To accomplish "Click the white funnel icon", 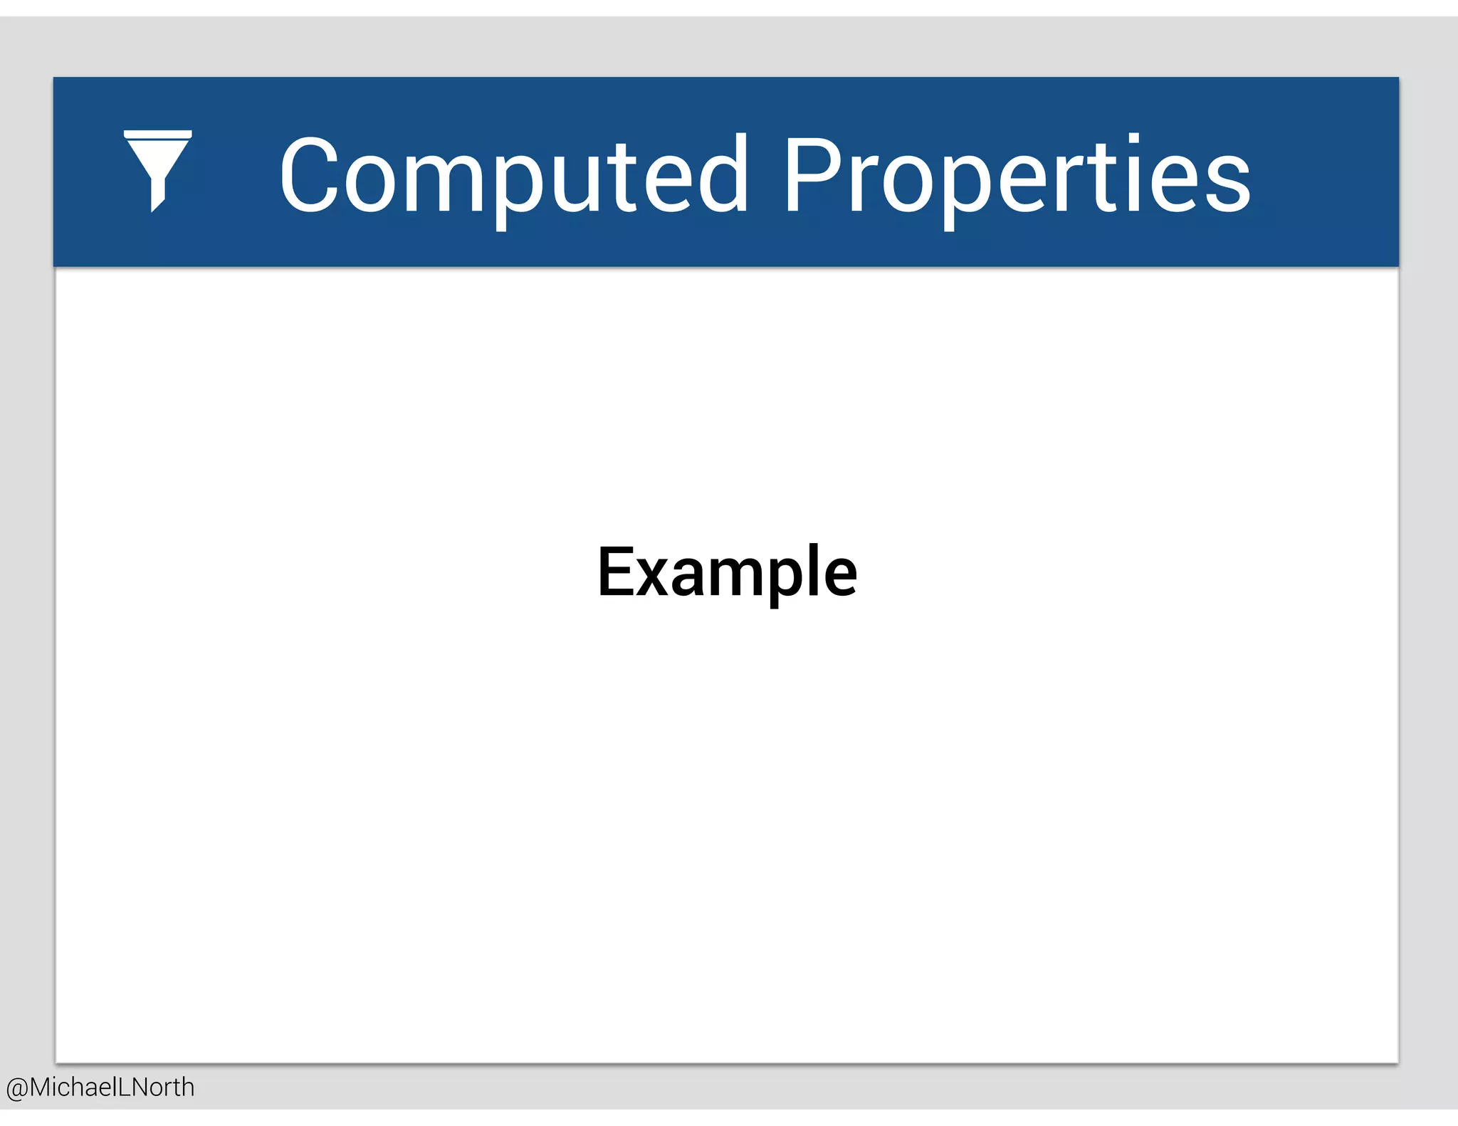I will pyautogui.click(x=157, y=170).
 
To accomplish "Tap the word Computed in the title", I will pyautogui.click(x=513, y=175).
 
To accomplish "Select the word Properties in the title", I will pyautogui.click(x=1017, y=175).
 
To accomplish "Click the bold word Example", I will pyautogui.click(x=727, y=572).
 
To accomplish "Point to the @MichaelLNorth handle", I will pyautogui.click(x=100, y=1088).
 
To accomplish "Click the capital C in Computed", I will pyautogui.click(x=308, y=174).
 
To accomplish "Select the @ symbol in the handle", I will pyautogui.click(x=17, y=1088).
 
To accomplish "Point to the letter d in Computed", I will pyautogui.click(x=722, y=175).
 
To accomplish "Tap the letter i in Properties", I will pyautogui.click(x=1133, y=174).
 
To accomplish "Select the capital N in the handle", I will pyautogui.click(x=143, y=1088).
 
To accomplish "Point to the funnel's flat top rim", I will pyautogui.click(x=157, y=134).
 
